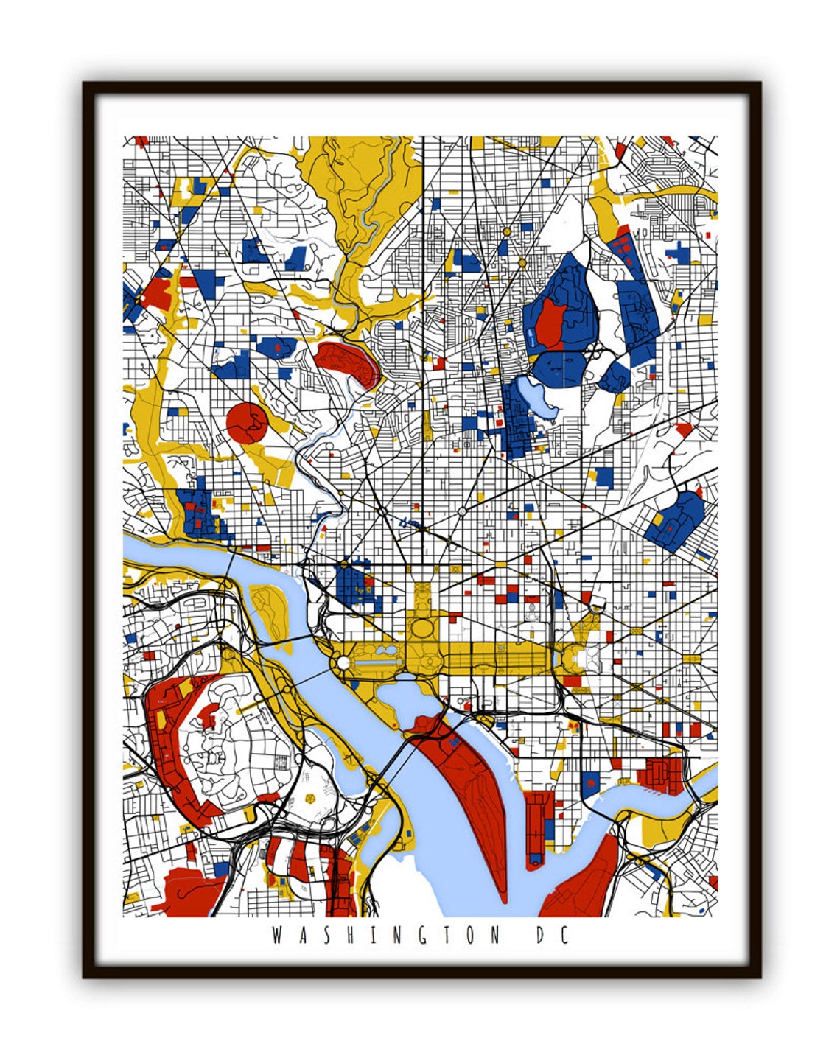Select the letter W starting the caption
[277, 936]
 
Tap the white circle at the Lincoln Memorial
[343, 664]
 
